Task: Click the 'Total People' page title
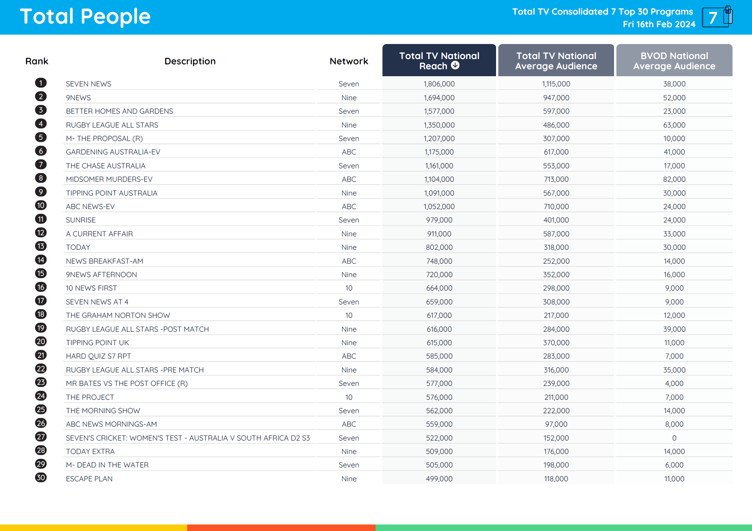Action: pos(85,17)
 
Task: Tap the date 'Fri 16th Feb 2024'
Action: pos(659,24)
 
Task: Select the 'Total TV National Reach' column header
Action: pos(439,61)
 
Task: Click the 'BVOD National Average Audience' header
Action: pos(674,61)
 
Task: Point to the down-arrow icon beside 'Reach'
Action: pos(455,65)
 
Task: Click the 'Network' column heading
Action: pos(349,61)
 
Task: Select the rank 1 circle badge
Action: pos(41,83)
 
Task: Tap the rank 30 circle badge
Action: pos(41,478)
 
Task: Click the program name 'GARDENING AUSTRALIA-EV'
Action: pos(113,152)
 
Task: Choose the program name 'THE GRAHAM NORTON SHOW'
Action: pos(118,315)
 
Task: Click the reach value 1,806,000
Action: pos(439,84)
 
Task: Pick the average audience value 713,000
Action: pos(556,179)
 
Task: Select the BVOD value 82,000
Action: pos(674,179)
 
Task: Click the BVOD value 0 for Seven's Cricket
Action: pos(674,438)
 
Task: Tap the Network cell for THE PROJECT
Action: pos(349,397)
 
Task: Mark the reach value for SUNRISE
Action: pos(439,220)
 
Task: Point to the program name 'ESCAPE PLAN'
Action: pos(89,479)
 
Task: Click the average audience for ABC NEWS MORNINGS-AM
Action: pos(556,424)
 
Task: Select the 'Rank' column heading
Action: pos(37,61)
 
